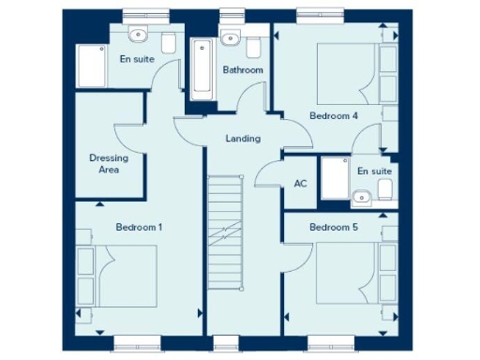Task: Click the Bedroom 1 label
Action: pyautogui.click(x=139, y=227)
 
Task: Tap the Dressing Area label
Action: pyautogui.click(x=109, y=164)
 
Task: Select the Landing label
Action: pyautogui.click(x=243, y=139)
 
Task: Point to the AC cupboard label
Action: pyautogui.click(x=301, y=184)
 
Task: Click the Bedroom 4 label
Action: pyautogui.click(x=333, y=115)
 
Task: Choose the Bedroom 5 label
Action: pyautogui.click(x=333, y=227)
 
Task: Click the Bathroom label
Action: pyautogui.click(x=243, y=70)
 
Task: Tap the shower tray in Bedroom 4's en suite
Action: pyautogui.click(x=333, y=176)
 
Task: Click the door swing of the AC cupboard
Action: pyautogui.click(x=269, y=174)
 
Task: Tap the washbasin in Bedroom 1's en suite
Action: pyautogui.click(x=139, y=36)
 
